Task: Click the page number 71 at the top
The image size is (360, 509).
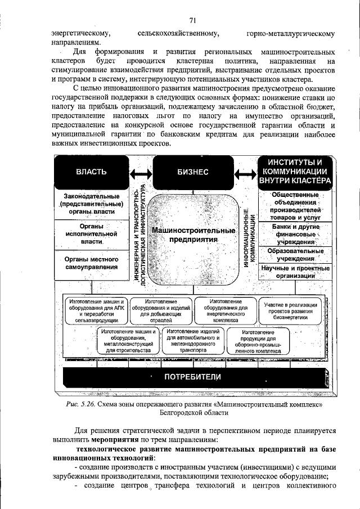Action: coord(192,21)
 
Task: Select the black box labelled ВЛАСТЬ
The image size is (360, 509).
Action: coord(91,172)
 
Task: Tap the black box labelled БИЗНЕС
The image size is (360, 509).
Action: coord(193,172)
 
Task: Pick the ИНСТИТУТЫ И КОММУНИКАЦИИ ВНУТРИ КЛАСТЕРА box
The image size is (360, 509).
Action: coord(294,172)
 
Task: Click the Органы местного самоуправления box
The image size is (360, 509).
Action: coord(91,263)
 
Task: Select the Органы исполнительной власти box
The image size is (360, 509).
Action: coord(91,233)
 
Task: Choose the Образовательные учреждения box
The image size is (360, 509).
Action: coord(294,254)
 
